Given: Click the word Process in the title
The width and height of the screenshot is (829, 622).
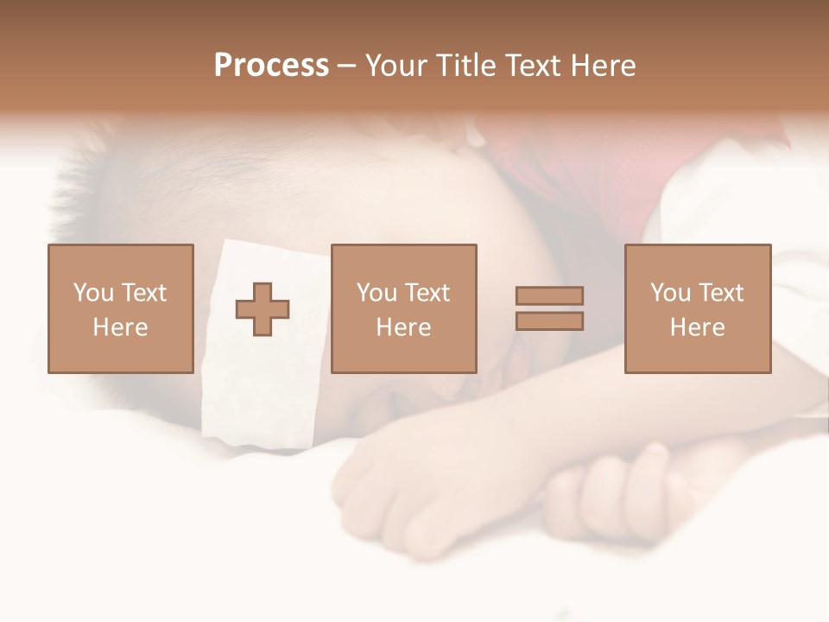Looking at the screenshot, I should click(x=271, y=66).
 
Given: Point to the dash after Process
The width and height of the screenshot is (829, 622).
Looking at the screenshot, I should click(x=346, y=67).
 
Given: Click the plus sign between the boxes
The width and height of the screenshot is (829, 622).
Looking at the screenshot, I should click(x=263, y=308).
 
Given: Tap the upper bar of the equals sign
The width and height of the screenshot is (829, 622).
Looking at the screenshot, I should click(x=549, y=295).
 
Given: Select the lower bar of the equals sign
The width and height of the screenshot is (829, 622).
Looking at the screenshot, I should click(x=549, y=321).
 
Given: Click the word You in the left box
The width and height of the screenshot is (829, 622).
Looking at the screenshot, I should click(x=93, y=293).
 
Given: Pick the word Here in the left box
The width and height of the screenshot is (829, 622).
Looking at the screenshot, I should click(x=120, y=327).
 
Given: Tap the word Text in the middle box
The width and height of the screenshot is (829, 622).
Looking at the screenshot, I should click(x=427, y=293).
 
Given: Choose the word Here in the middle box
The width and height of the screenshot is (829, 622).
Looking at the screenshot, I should click(x=403, y=327).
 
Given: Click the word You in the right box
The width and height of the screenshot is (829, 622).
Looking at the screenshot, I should click(x=670, y=293).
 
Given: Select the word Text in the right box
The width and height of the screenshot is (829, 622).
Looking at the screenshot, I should click(x=721, y=293).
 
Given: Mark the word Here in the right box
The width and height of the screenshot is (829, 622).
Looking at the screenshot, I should click(x=697, y=327).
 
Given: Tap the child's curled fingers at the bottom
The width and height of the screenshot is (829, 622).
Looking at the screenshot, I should click(x=604, y=492).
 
